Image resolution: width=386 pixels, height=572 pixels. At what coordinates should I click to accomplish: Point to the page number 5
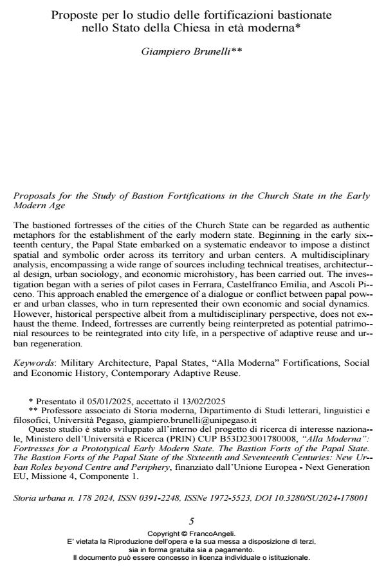pos(192,521)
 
